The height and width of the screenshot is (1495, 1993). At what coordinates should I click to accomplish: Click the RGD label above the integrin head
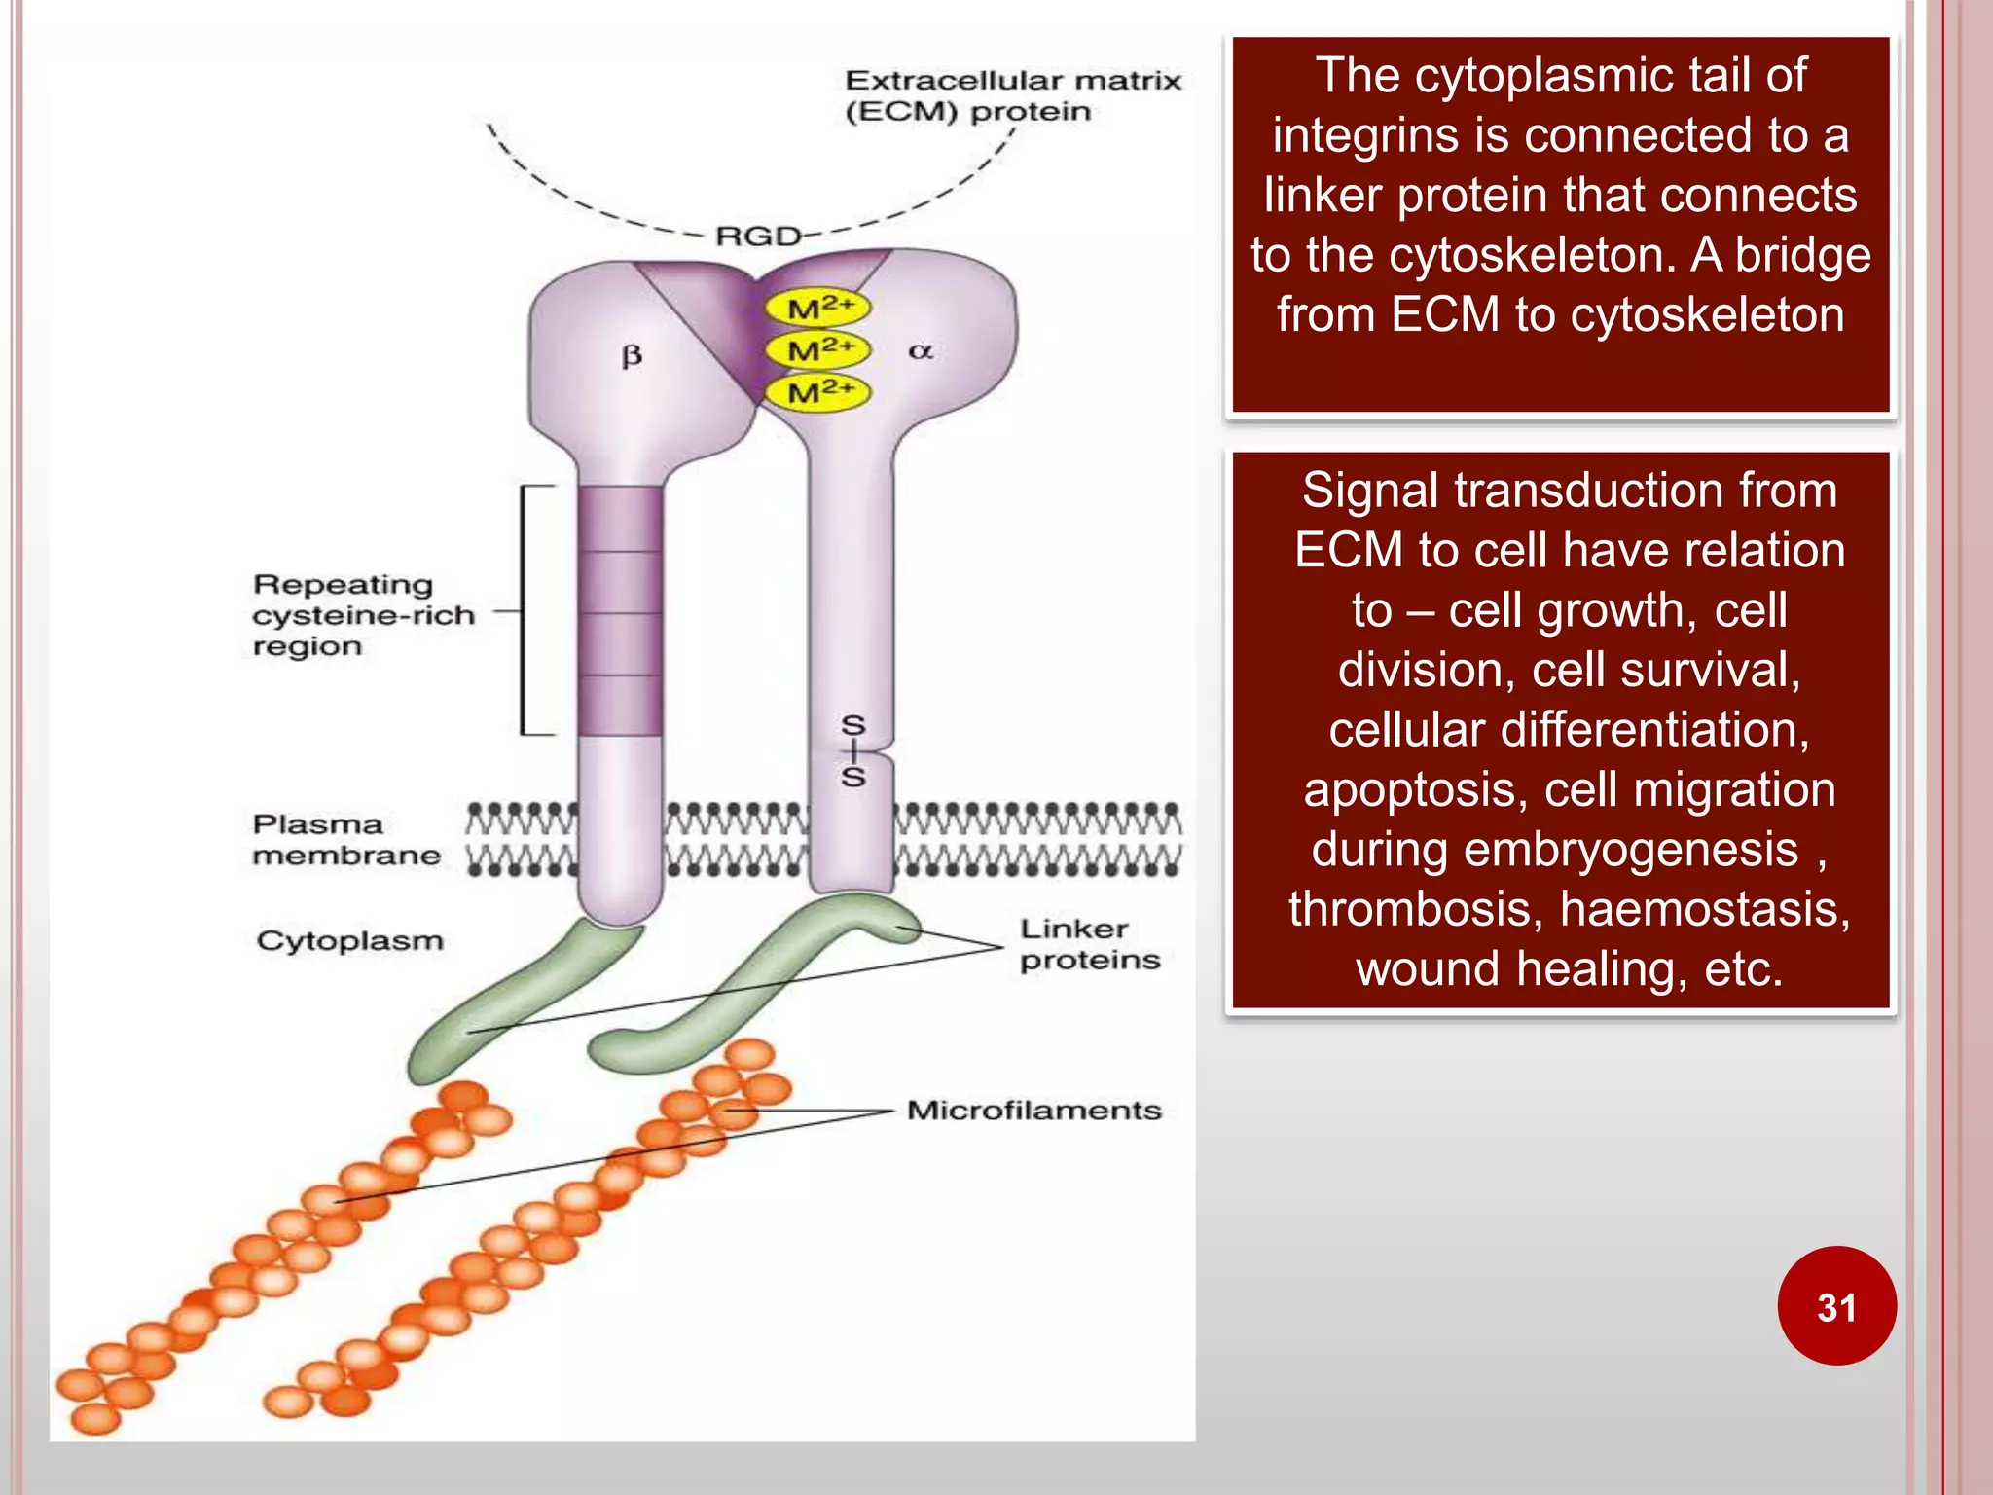(757, 236)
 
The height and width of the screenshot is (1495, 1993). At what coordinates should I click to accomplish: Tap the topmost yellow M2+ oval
(817, 309)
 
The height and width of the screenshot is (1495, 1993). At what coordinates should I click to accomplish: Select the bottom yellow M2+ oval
(817, 393)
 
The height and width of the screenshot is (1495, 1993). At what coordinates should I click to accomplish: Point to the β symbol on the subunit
(632, 356)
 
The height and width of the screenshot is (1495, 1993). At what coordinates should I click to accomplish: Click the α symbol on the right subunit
(921, 351)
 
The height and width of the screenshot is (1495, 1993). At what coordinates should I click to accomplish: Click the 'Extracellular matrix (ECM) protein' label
(1012, 95)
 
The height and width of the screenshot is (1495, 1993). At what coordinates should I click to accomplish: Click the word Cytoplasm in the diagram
(349, 941)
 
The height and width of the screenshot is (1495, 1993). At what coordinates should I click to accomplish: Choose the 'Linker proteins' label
(1089, 944)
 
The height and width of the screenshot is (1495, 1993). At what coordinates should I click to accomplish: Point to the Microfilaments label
(1033, 1111)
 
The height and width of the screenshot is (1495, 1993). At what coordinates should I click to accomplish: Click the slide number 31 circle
(1835, 1306)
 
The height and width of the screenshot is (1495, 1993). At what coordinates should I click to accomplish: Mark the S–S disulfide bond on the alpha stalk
(853, 751)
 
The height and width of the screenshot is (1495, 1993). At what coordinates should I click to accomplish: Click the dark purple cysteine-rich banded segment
(620, 611)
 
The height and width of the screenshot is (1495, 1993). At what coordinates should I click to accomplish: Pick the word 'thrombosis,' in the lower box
(1417, 909)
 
